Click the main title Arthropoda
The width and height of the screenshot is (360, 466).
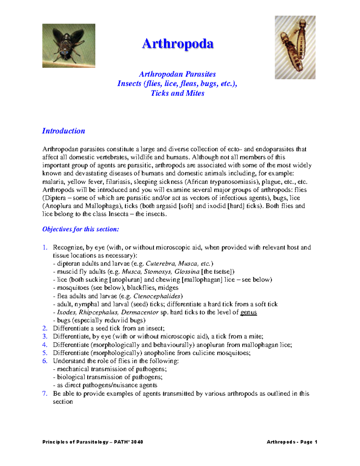point(178,44)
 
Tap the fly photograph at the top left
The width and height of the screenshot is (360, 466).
point(69,46)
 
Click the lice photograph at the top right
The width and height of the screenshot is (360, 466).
point(295,47)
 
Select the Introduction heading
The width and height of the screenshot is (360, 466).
point(63,131)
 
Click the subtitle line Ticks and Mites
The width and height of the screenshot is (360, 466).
point(177,93)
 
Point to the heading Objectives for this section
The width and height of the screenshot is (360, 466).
point(80,229)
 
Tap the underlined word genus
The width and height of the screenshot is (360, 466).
point(248,312)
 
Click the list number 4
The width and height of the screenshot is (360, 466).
point(45,345)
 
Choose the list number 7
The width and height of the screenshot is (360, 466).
point(45,393)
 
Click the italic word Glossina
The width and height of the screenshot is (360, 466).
point(187,272)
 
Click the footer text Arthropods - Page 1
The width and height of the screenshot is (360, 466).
point(292,442)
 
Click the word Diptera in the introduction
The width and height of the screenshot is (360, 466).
point(55,198)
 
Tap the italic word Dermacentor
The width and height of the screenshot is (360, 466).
point(139,312)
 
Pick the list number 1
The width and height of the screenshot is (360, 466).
point(45,248)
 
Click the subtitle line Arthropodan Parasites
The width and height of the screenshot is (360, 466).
point(177,74)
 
